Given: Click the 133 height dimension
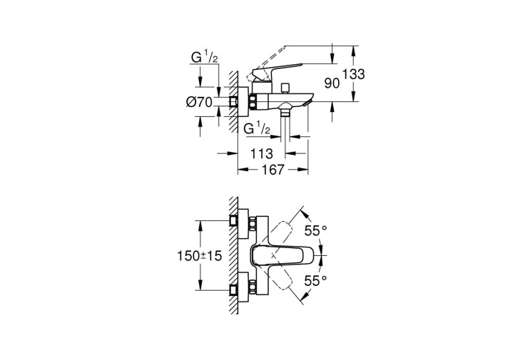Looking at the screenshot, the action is [x=354, y=74].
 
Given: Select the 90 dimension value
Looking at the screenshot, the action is [x=332, y=83].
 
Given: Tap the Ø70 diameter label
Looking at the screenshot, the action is [x=199, y=102].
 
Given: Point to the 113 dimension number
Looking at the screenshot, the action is [x=261, y=154].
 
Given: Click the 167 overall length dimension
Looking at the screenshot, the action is [x=273, y=169].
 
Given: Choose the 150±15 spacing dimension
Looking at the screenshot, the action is [x=200, y=256].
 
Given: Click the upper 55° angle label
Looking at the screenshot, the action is [x=316, y=231].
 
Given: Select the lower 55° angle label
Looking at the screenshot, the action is [x=316, y=281].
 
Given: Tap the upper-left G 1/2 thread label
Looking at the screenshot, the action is [x=205, y=57].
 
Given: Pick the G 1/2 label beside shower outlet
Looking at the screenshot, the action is [x=257, y=128].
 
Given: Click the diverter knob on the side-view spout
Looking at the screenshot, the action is [x=287, y=88].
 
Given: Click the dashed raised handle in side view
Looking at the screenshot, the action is [x=267, y=63].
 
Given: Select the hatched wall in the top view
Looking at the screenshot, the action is [x=233, y=256].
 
